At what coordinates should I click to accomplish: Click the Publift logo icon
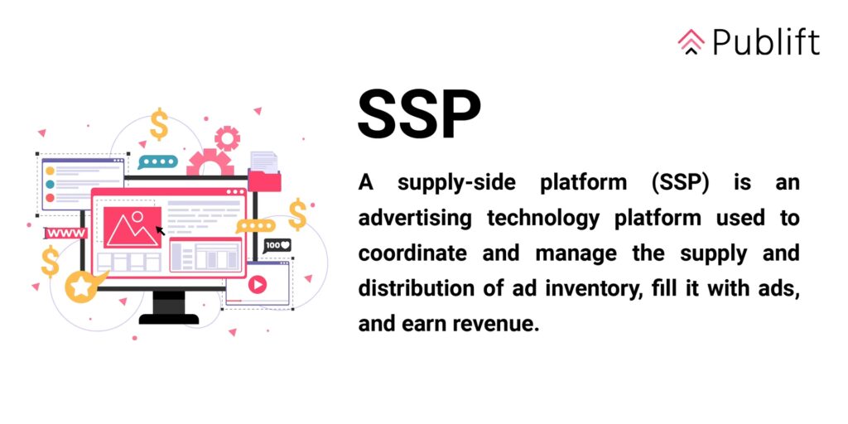(691, 42)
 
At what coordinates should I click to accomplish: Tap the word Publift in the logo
(766, 41)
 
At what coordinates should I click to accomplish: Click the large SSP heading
(419, 114)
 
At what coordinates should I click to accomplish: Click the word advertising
(415, 219)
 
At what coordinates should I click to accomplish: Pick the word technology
(543, 219)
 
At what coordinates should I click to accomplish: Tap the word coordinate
(412, 253)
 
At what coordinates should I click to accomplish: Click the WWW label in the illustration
(65, 233)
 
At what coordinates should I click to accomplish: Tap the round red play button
(258, 283)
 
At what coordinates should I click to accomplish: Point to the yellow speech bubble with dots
(255, 226)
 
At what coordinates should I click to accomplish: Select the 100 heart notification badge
(277, 245)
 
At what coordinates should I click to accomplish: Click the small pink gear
(227, 138)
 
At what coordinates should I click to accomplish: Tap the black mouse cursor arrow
(160, 230)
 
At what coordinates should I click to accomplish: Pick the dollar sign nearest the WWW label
(50, 261)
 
